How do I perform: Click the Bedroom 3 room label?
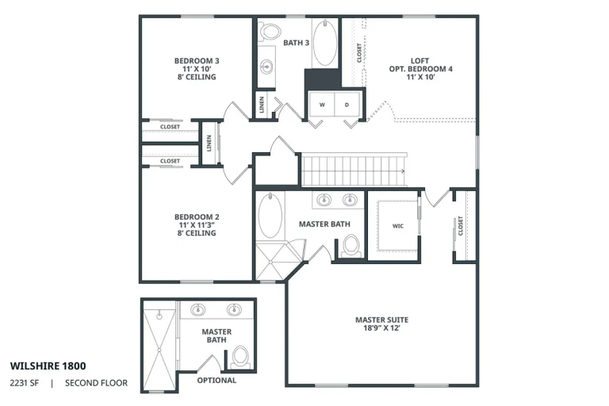197,69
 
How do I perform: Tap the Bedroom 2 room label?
197,225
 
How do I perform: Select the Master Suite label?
381,324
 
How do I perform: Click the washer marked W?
322,105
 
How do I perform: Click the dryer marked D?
347,105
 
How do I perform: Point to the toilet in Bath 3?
270,32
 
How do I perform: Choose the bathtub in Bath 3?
325,43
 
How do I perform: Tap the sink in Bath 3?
266,67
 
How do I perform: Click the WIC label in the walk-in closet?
398,226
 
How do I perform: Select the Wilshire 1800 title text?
48,366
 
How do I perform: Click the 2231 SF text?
25,383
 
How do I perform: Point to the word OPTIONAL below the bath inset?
216,381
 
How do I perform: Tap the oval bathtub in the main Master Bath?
270,215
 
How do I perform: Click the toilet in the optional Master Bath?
240,357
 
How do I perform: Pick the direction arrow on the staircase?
403,171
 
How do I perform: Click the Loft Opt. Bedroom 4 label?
420,69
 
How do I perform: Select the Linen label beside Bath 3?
262,105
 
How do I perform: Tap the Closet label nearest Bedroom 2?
170,161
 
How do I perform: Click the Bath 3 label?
297,43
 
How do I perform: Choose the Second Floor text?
96,383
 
